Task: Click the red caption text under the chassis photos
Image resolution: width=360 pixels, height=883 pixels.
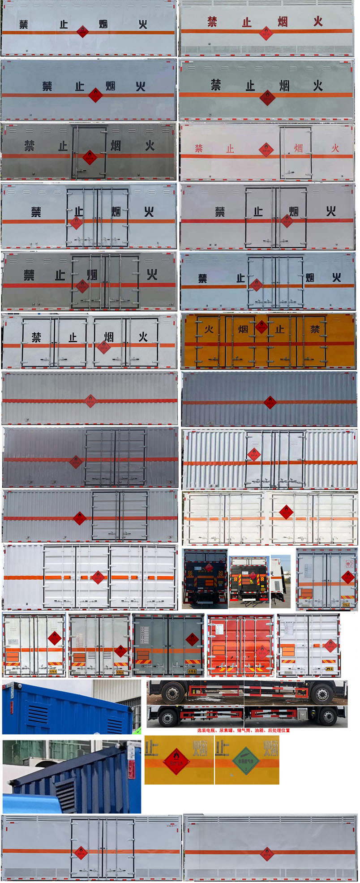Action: coord(243,730)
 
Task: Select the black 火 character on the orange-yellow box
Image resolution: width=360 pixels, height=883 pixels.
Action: coord(209,329)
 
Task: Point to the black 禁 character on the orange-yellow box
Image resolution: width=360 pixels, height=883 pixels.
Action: coord(315,329)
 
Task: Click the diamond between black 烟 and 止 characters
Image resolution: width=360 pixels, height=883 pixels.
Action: coord(261,327)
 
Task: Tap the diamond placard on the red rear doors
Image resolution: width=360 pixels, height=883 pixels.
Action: coord(262,652)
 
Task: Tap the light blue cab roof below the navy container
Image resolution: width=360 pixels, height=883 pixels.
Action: coord(31,802)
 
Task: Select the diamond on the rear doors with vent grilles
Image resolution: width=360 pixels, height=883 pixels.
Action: coord(120,650)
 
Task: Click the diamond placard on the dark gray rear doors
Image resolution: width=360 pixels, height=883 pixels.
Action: coord(193,639)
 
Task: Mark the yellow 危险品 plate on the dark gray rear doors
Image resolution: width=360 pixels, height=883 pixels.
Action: coord(192,671)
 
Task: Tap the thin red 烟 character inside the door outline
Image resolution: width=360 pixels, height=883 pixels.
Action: coord(298,148)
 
